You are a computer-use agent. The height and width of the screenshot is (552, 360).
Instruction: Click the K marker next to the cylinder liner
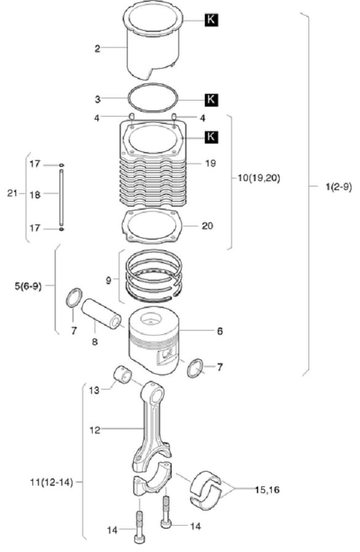point(211,20)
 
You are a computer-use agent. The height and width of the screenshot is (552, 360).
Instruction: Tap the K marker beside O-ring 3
point(211,99)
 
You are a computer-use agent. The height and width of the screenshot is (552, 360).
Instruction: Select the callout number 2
point(98,48)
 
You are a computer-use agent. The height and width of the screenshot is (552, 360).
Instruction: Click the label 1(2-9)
point(339,187)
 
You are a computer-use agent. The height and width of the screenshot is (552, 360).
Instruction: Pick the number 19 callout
point(210,163)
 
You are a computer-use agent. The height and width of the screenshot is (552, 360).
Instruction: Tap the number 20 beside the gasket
point(207,226)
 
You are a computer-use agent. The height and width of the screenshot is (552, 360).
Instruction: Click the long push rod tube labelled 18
point(61,197)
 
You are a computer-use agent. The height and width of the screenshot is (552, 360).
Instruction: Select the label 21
point(12,193)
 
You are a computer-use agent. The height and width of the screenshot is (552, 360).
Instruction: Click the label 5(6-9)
point(28,286)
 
